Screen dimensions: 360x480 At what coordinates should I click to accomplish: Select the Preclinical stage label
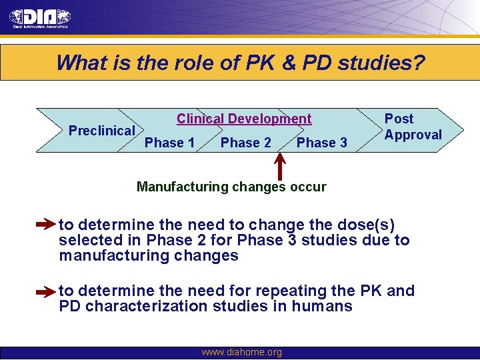click(x=101, y=131)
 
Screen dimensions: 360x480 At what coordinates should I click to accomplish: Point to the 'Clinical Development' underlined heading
click(x=243, y=119)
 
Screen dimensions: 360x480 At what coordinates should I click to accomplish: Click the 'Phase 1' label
click(x=169, y=143)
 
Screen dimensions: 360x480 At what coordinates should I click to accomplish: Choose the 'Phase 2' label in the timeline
click(x=245, y=143)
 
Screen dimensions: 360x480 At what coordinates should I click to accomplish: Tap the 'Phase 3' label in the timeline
click(x=321, y=143)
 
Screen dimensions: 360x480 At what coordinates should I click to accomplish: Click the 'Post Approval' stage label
click(x=413, y=127)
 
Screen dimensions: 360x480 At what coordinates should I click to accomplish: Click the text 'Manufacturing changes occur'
click(x=231, y=187)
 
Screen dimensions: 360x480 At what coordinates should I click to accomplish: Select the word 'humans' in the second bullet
click(x=327, y=307)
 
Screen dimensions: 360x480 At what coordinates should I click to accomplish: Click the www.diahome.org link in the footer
click(x=241, y=352)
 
